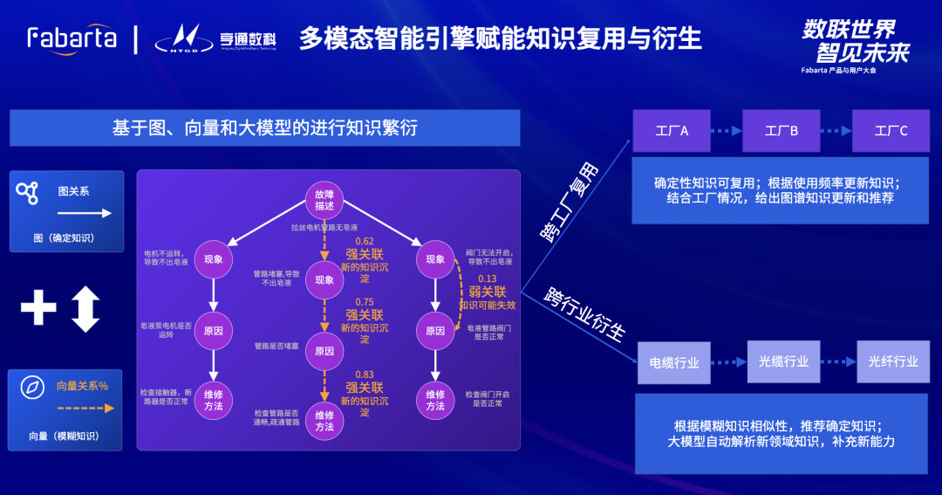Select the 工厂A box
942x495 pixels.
pyautogui.click(x=672, y=131)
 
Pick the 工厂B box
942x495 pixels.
pyautogui.click(x=782, y=131)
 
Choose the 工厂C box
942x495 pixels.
pyautogui.click(x=891, y=131)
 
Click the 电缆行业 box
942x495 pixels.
pyautogui.click(x=674, y=362)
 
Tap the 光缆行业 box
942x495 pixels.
pyautogui.click(x=783, y=361)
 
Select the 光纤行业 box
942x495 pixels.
pyautogui.click(x=893, y=361)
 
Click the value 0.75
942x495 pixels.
pyautogui.click(x=364, y=301)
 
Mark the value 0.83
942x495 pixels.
pyautogui.click(x=364, y=374)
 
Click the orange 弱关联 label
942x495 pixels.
pyautogui.click(x=488, y=292)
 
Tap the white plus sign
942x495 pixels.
pyautogui.click(x=38, y=307)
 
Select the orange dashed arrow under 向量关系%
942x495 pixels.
pyautogui.click(x=85, y=408)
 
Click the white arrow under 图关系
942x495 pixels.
pyautogui.click(x=85, y=212)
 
